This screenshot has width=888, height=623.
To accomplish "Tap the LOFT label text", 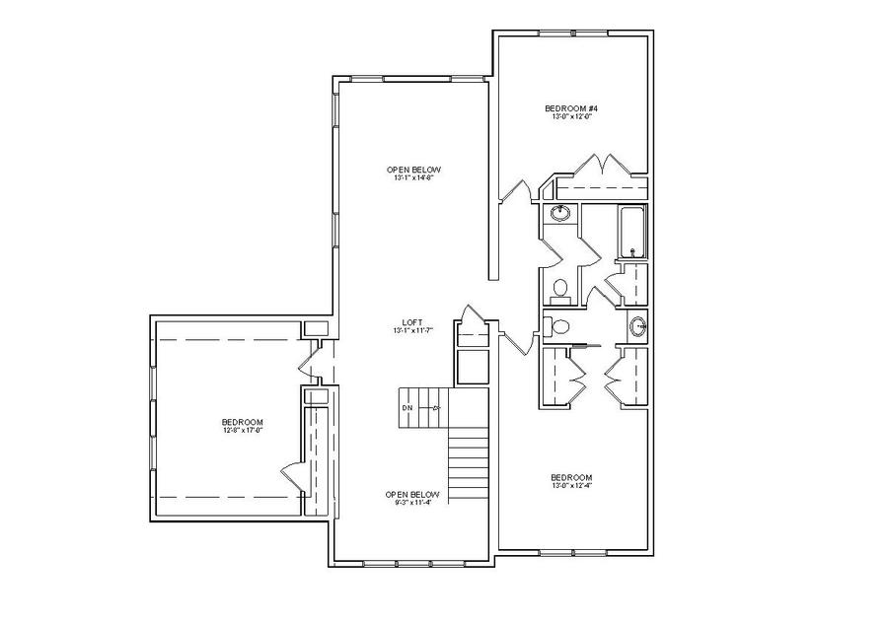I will point(413,322).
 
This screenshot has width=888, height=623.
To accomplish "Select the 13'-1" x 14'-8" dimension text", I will point(413,178).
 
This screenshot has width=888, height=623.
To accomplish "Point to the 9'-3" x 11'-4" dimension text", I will point(412,502).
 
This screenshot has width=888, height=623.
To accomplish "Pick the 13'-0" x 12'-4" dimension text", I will point(571,485).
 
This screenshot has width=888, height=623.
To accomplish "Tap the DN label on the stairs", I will point(407,407).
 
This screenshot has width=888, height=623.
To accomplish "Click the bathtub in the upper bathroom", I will point(630,230).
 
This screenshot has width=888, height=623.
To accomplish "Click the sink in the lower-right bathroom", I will point(637,324).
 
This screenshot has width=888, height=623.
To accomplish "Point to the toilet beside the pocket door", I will point(561,326).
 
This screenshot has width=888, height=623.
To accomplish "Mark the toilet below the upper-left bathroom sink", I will point(559,289).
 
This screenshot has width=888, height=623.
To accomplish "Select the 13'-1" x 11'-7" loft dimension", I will point(413,331).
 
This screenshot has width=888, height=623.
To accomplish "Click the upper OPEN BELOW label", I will point(413,170).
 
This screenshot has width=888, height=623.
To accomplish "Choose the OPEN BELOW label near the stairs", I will point(412,493).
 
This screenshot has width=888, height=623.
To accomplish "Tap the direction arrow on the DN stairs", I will point(435,407).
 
